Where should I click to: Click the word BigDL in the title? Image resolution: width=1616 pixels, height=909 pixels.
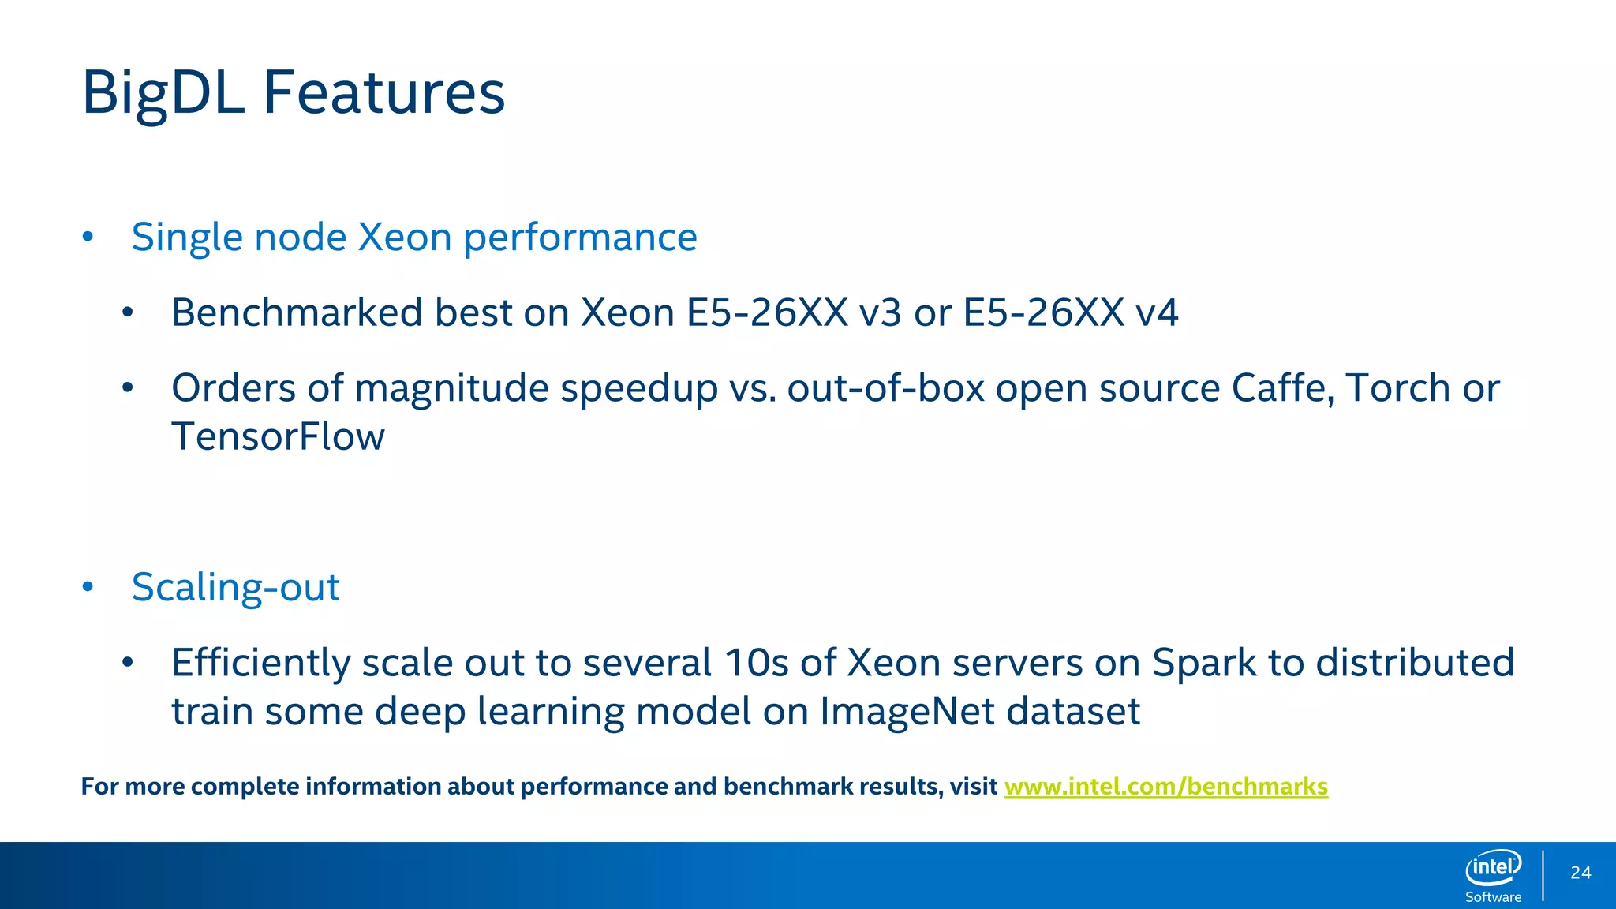[163, 93]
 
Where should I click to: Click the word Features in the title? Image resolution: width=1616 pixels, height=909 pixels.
[383, 93]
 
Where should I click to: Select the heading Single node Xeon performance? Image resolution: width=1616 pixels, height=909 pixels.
[413, 237]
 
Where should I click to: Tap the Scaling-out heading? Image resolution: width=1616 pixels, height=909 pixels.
[235, 587]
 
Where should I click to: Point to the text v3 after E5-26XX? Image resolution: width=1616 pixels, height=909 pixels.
[880, 312]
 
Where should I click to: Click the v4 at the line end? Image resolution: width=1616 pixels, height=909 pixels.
[1157, 312]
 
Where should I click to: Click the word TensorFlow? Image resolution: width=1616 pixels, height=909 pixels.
[278, 437]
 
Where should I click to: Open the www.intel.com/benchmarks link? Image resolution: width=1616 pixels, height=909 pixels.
[1165, 787]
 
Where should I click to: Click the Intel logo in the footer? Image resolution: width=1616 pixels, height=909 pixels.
[1493, 868]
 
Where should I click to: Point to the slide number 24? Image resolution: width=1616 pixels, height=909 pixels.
[1580, 873]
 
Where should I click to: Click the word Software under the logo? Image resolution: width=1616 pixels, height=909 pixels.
[1493, 897]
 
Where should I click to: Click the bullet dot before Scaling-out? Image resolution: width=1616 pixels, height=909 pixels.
[88, 587]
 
